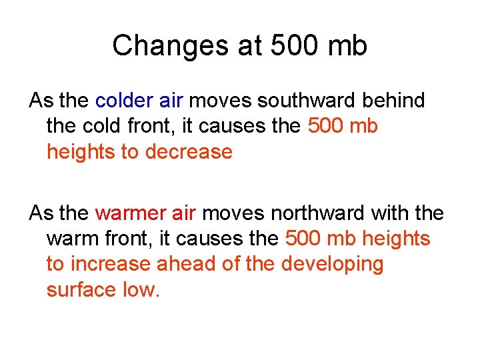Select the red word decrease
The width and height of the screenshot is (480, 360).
189,152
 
